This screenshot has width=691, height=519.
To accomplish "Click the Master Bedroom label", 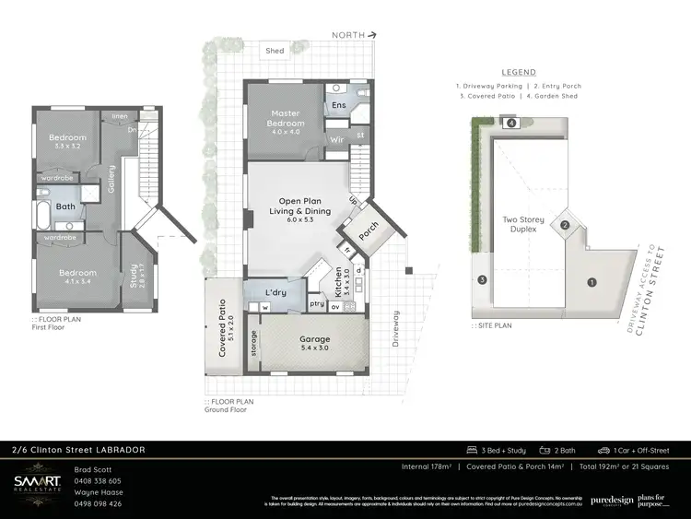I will point(285,119).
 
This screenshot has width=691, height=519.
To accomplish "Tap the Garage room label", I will point(315,339).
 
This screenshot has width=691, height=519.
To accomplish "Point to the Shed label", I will point(275,51).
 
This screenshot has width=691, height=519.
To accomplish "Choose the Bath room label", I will point(64,206).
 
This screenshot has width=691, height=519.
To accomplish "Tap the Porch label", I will point(368,234).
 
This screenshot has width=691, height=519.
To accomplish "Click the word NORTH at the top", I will point(348,35).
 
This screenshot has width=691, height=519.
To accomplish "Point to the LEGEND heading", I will point(519,72).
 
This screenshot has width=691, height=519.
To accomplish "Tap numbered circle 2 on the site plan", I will point(567,225).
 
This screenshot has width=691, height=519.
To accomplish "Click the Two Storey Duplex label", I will point(523,225).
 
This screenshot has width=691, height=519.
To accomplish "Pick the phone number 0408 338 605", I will point(97,480).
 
